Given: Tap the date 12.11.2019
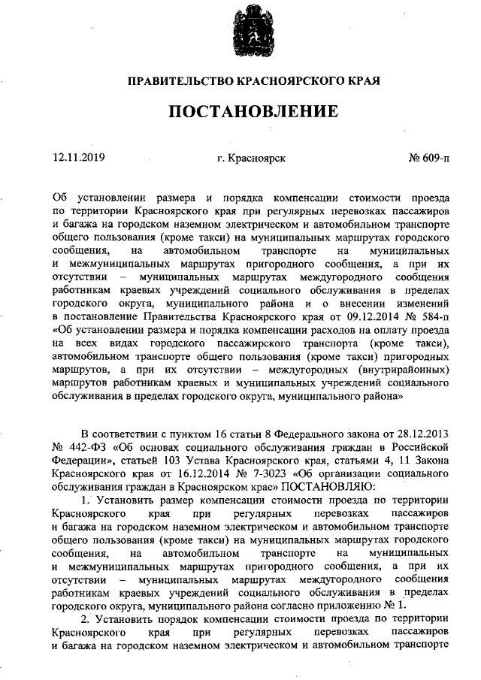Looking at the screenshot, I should click(79, 158).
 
